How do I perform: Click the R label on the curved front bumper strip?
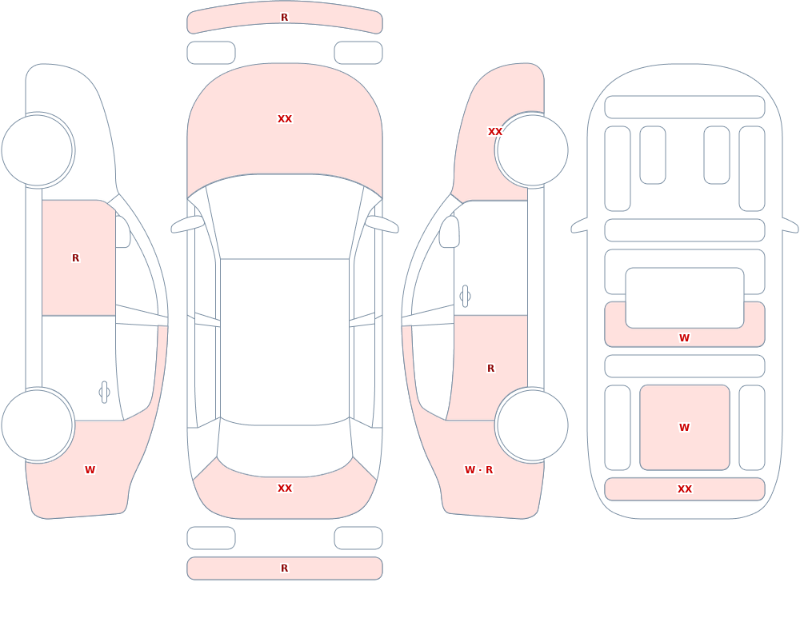(x=285, y=18)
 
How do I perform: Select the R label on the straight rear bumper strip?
(x=285, y=568)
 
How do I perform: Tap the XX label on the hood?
(x=285, y=119)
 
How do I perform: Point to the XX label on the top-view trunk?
(x=285, y=488)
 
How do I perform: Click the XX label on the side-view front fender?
(x=495, y=132)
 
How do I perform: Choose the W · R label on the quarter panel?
(x=478, y=470)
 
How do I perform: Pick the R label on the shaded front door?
(x=75, y=258)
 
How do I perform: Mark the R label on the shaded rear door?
(x=491, y=369)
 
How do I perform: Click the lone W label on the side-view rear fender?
(x=90, y=470)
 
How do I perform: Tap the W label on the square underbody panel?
(x=685, y=428)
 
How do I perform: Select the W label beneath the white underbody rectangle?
(x=685, y=337)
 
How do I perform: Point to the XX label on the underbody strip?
(x=685, y=488)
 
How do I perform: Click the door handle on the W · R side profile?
(x=465, y=297)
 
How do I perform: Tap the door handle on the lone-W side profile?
(x=104, y=393)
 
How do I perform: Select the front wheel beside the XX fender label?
(x=532, y=150)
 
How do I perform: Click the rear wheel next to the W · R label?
(x=532, y=425)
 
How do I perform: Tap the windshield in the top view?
(x=285, y=217)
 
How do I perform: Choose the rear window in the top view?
(x=285, y=448)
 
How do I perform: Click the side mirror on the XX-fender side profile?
(x=449, y=232)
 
